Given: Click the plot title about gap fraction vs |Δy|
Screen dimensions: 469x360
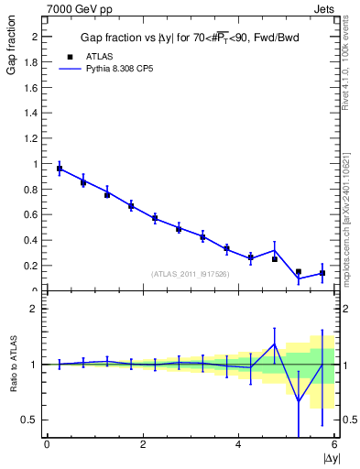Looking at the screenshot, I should [x=189, y=37].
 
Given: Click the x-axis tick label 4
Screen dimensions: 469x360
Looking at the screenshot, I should [x=239, y=445].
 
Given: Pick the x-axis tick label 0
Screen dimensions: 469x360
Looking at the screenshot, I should [x=47, y=445].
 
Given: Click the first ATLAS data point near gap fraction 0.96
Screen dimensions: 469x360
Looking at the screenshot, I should [x=60, y=169].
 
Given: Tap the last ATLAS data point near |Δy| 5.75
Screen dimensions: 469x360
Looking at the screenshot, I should [x=322, y=273].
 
